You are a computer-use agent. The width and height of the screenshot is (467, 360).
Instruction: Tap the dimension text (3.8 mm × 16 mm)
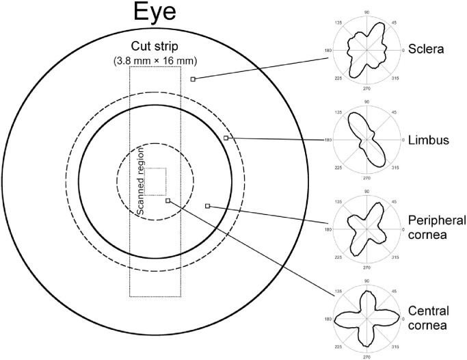tap(155, 62)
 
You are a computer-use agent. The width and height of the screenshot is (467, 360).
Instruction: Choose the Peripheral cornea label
tap(437, 227)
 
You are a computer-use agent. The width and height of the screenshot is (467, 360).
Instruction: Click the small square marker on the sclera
tap(193, 79)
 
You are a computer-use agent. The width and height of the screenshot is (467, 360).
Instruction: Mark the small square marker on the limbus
tap(226, 138)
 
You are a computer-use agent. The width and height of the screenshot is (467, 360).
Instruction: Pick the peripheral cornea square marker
tap(208, 206)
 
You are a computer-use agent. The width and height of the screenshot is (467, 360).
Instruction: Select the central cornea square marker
tap(168, 201)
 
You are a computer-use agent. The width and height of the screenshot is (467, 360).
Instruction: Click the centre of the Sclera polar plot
tap(367, 49)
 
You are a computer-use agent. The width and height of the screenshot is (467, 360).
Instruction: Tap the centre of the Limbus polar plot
tap(367, 140)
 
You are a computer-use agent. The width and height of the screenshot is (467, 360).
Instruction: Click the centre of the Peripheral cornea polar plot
tap(367, 229)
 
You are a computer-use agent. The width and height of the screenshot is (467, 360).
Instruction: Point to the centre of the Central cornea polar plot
tap(367, 319)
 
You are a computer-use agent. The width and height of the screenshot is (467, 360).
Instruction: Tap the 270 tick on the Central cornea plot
tap(367, 356)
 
